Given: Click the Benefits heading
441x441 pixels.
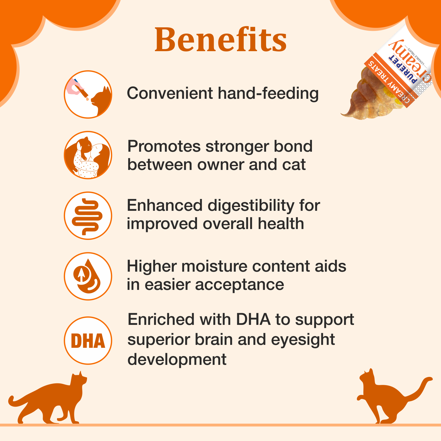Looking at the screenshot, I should point(220,40).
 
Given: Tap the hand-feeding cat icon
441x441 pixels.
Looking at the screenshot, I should point(88,94).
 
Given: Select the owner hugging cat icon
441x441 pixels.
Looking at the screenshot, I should point(88,155).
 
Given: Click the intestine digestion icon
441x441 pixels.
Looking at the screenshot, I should point(88,216).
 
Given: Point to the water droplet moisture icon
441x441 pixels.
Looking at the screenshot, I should point(88,276).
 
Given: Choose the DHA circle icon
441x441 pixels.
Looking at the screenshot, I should point(88,340).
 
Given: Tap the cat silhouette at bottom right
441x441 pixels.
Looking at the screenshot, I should point(388,397).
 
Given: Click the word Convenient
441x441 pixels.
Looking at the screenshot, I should point(170,93).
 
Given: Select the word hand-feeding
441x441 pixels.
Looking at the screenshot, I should point(268,94).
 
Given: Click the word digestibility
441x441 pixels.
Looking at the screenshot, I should point(251,206).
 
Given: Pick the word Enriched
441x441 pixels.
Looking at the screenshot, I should point(161,320).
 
